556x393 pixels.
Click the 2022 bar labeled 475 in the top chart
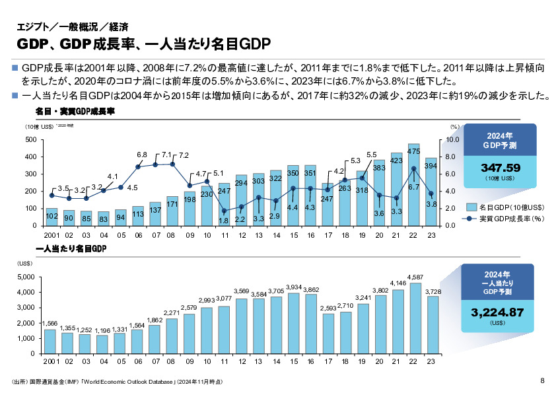[414, 185]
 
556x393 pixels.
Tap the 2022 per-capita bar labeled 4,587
[414, 318]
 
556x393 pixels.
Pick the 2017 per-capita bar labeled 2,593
[328, 333]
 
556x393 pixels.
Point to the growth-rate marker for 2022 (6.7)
[414, 168]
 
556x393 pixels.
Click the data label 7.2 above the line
[184, 155]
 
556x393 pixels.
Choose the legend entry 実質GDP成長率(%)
[506, 218]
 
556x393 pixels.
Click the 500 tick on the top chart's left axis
[30, 140]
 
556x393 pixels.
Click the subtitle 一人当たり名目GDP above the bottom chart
[70, 248]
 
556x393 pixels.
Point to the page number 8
[542, 380]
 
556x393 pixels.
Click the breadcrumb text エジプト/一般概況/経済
[63, 28]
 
